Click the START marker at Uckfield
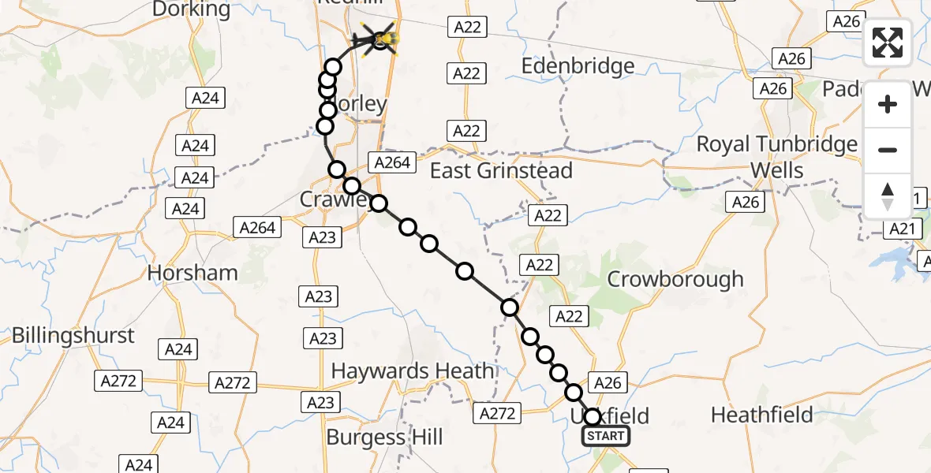[606, 436]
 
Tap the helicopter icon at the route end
[381, 39]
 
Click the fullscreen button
[888, 43]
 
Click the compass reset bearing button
[888, 196]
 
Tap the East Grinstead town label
[501, 170]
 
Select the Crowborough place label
[675, 279]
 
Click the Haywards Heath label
[413, 371]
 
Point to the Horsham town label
[193, 273]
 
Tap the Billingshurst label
[73, 335]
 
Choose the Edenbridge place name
[578, 66]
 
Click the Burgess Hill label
[384, 438]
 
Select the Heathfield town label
[761, 415]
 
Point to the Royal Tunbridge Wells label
[776, 157]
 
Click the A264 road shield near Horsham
[257, 228]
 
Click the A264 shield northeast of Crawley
[392, 162]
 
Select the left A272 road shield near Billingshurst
[118, 382]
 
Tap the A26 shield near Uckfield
[607, 383]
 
